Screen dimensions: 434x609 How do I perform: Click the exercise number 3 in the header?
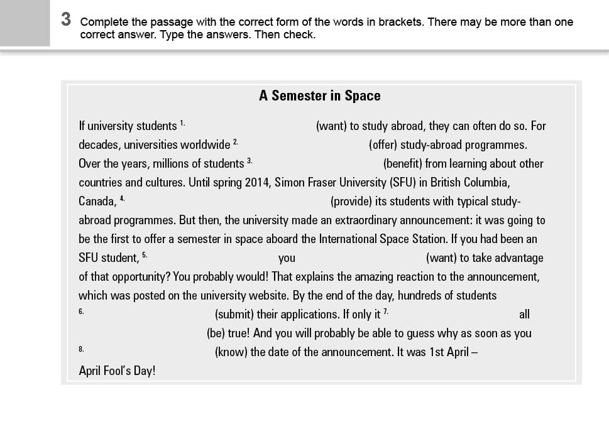(66, 20)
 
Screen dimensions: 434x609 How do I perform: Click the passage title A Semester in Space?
(319, 96)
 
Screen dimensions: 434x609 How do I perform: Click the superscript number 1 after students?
(182, 122)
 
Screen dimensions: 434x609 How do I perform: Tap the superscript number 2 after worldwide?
(235, 141)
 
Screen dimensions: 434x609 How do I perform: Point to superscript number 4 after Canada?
(122, 198)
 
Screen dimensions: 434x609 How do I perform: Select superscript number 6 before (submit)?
(81, 311)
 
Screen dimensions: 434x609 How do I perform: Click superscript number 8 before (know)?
(81, 349)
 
